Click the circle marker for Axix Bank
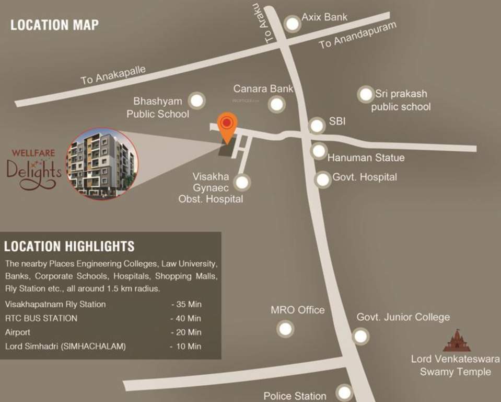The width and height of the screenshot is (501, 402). point(293,24)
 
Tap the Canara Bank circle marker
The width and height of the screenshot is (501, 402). point(277,104)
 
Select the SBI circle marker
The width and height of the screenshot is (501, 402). point(317,126)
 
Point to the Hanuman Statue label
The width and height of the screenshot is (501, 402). point(366,158)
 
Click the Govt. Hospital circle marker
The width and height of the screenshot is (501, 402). point(323,180)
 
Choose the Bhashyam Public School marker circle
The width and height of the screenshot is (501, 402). point(196,100)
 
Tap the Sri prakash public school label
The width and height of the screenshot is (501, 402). point(401,100)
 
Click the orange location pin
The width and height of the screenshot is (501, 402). point(227,126)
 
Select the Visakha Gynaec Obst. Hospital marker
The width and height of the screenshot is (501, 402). point(242,183)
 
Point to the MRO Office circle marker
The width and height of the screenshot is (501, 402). point(285,329)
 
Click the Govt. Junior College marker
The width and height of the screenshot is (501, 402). point(360,336)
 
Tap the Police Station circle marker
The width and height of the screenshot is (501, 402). point(344,392)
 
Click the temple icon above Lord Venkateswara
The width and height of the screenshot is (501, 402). point(457,341)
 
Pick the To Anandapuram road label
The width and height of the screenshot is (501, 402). point(358,36)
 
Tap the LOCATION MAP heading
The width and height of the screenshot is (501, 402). point(54,25)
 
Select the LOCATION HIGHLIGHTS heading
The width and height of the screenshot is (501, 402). point(69,246)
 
